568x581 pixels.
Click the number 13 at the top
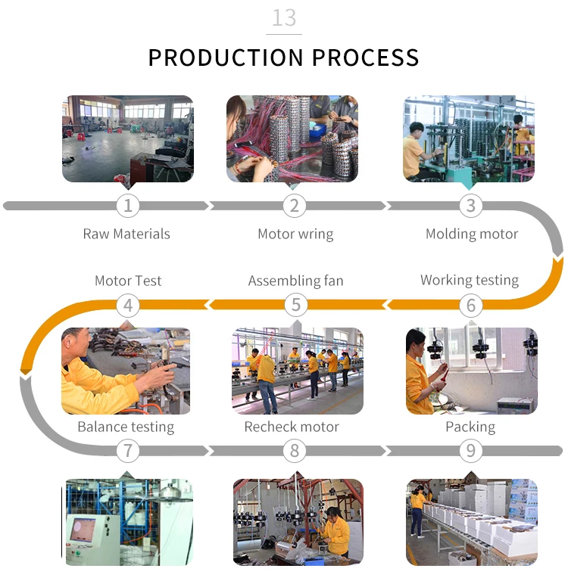[x=284, y=17]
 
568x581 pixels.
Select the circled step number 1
[x=128, y=205]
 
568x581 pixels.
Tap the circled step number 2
[x=295, y=205]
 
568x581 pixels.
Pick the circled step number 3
[x=470, y=205]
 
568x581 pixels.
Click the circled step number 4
[x=128, y=305]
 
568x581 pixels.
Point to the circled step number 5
[x=295, y=305]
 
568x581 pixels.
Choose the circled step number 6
[x=470, y=305]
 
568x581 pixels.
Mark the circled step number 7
[x=128, y=451]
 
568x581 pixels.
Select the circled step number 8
[x=295, y=451]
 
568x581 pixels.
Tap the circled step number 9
[x=470, y=451]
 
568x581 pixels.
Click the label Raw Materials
[x=126, y=234]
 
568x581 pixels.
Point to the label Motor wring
[x=295, y=234]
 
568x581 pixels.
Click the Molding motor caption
[x=471, y=234]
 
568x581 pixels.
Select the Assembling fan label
[x=295, y=281]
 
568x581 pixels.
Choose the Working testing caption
[x=470, y=281]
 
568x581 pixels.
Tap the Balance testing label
[x=126, y=427]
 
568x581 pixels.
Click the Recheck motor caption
[x=292, y=427]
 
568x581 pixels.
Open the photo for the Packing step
[x=471, y=522]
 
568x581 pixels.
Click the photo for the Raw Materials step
[x=127, y=138]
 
